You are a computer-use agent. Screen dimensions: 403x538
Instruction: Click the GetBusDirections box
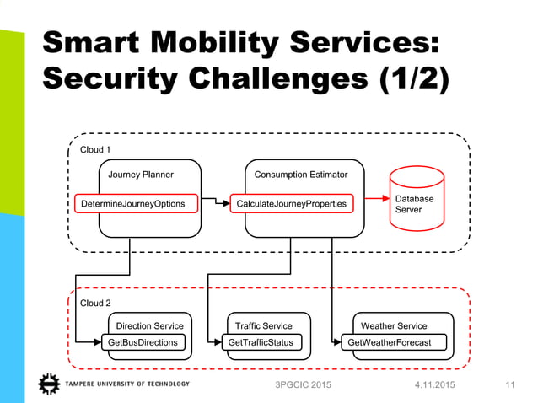(143, 342)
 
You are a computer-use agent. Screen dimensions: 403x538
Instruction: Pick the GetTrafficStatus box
(261, 342)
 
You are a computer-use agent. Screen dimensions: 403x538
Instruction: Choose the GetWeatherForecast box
(389, 342)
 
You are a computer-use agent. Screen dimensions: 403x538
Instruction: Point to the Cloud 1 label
(94, 150)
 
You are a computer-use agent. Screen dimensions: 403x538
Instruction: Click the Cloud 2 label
(94, 304)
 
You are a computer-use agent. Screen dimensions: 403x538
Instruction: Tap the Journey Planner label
(141, 175)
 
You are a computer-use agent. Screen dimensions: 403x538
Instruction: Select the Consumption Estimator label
(301, 175)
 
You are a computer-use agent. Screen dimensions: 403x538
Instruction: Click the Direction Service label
(149, 325)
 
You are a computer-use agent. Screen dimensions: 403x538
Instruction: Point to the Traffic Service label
(264, 325)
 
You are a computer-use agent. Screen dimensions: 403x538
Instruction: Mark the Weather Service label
(394, 325)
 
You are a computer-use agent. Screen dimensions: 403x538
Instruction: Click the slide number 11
(509, 386)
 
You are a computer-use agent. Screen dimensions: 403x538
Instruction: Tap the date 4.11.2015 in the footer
(433, 386)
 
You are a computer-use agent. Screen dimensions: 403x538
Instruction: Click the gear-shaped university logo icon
(50, 384)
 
